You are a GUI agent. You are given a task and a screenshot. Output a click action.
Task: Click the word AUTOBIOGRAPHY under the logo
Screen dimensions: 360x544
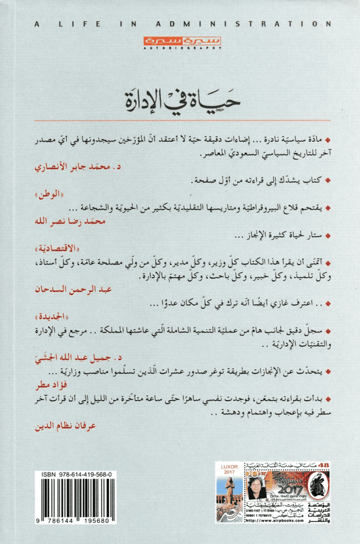pyautogui.click(x=180, y=49)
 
